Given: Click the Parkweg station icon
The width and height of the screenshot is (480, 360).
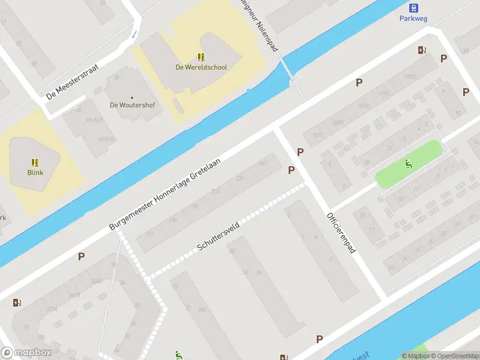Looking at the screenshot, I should click(x=413, y=8).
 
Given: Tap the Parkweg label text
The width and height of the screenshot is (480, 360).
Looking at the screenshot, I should click(x=413, y=18).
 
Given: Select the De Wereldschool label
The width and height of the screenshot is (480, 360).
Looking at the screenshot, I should click(x=201, y=67).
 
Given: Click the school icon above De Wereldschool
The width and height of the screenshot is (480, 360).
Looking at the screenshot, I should click(x=201, y=57).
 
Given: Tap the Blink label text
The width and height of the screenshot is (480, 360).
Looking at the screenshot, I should click(x=35, y=172).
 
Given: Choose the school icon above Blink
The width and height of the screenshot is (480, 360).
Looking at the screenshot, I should click(x=35, y=162).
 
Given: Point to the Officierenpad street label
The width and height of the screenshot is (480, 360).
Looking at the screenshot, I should click(x=341, y=232).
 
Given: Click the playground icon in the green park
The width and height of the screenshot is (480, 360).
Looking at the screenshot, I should click(x=408, y=163).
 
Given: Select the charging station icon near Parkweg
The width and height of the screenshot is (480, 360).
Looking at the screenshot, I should click(x=422, y=50).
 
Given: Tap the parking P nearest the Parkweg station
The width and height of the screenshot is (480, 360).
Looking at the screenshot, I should click(x=443, y=58).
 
